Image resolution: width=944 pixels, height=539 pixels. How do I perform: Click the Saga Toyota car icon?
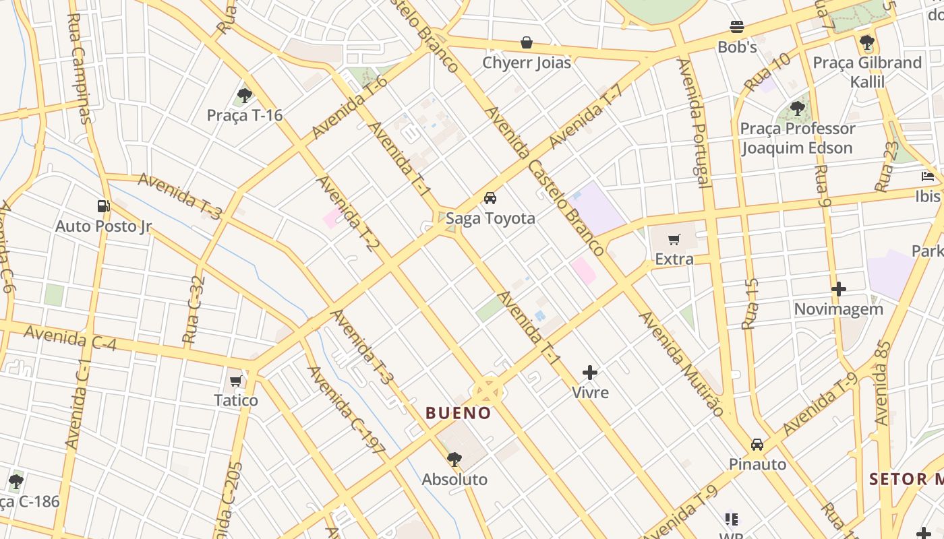(x=490, y=198)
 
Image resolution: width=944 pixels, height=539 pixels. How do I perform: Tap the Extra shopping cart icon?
(x=674, y=239)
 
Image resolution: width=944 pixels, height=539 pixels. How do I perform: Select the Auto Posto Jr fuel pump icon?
(x=103, y=205)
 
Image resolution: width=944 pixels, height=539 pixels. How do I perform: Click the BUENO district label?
(x=459, y=413)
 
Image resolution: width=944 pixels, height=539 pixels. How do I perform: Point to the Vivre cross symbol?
(x=590, y=373)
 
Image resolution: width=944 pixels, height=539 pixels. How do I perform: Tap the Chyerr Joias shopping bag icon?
(x=527, y=43)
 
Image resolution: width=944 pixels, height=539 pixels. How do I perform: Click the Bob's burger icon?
(x=737, y=28)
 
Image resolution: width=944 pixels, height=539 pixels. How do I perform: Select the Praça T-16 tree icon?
(x=244, y=96)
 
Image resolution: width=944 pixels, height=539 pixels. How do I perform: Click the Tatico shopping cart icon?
(x=236, y=381)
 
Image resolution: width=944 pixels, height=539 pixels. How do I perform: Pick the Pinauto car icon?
(x=757, y=445)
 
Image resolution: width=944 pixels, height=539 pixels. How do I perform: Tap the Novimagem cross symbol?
(x=839, y=289)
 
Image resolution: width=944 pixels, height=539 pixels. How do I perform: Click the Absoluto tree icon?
(x=454, y=459)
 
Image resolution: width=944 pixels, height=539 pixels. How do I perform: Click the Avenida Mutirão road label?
(x=682, y=364)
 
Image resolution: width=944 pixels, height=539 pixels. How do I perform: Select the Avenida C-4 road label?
(x=70, y=338)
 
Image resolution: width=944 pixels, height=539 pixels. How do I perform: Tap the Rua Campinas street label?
(x=79, y=68)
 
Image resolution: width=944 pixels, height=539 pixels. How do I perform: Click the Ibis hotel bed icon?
(x=928, y=177)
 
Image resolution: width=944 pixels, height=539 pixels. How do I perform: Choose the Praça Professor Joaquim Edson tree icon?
(x=798, y=108)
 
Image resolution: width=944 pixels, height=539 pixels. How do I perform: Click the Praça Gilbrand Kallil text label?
(x=867, y=72)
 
